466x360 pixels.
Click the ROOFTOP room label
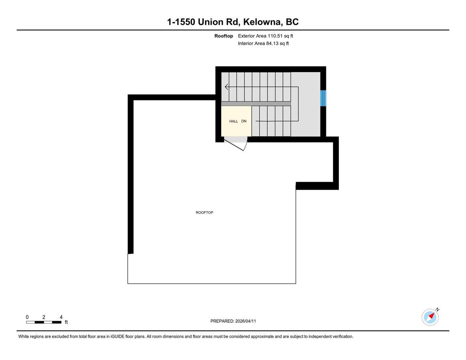(x=204, y=212)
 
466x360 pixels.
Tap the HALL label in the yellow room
(x=234, y=121)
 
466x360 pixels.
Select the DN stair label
(x=244, y=121)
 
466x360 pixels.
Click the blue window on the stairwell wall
(x=323, y=98)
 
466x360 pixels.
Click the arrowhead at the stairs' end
(x=226, y=87)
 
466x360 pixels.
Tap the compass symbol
(x=430, y=317)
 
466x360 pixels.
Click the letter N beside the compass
(x=438, y=310)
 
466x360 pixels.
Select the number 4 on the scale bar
(x=61, y=317)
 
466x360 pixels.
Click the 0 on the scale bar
(x=27, y=317)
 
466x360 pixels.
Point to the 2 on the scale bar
(x=44, y=317)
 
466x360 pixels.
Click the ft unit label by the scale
(x=66, y=322)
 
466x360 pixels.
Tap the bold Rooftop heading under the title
(x=224, y=36)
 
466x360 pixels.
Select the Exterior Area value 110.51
(x=275, y=36)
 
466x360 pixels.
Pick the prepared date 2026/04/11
(x=246, y=321)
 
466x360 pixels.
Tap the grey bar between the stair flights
(x=256, y=104)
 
